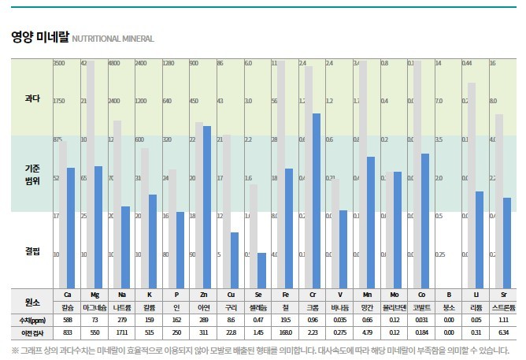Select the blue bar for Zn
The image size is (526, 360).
point(207,207)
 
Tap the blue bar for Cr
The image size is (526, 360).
point(316,201)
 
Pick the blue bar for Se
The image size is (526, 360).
point(261,271)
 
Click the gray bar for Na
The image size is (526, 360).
point(117,205)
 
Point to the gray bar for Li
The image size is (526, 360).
point(471,186)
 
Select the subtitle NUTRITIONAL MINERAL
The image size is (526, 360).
point(113,39)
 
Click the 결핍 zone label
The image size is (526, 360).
point(32,251)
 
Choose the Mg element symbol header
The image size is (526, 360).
point(95,294)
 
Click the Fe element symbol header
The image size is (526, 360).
point(285,294)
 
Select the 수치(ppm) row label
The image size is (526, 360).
point(31,320)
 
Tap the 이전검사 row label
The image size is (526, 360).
point(31,333)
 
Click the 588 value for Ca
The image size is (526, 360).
point(68,320)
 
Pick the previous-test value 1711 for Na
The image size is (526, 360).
point(121,333)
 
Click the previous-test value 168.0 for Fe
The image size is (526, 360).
point(285,333)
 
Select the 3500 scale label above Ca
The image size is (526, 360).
point(59,63)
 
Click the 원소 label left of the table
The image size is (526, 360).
point(32,300)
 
